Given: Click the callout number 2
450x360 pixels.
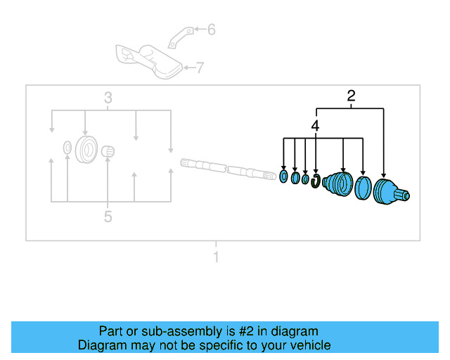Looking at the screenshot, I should coord(351,97).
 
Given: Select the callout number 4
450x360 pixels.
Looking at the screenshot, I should coord(316,126).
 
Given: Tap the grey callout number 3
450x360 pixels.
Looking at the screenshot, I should coord(108,98).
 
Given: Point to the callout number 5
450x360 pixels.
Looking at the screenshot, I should coord(108,217).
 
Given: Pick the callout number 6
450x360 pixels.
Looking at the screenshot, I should coord(211,30).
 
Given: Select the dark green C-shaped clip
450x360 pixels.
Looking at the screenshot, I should coord(316,182).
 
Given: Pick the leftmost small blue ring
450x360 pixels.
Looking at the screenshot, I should coord(283,176).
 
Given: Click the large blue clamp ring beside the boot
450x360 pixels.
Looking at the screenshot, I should coord(364,188).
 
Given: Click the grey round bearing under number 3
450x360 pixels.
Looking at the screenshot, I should coord(86,149).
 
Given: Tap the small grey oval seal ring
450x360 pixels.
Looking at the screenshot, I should coord(67,147).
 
